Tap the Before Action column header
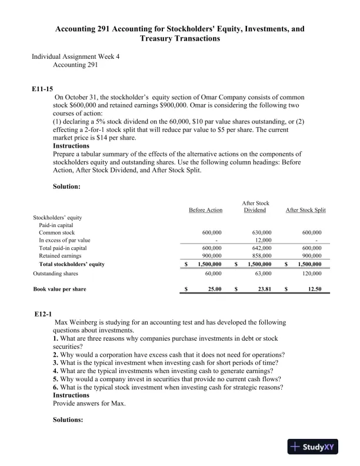205,210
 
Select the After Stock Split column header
305,210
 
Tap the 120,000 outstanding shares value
312,274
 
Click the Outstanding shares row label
55,274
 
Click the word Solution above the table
66,187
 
